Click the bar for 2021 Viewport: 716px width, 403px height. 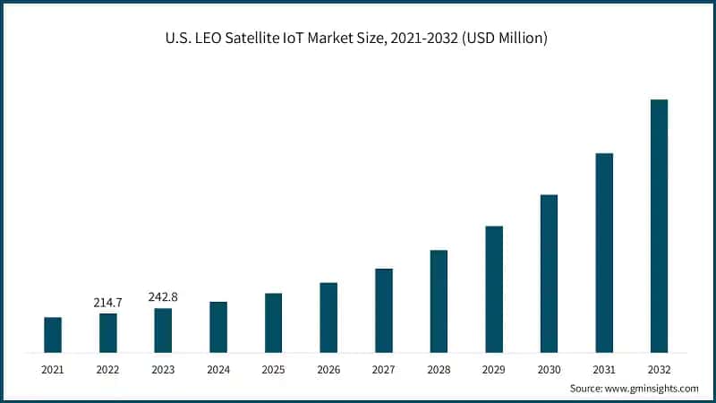click(53, 334)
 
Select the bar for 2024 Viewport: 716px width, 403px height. click(218, 326)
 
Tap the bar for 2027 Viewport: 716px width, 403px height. click(384, 310)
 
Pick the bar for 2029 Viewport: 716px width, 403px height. click(494, 288)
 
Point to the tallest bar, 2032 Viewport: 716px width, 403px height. click(659, 225)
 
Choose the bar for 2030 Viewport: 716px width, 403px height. click(549, 273)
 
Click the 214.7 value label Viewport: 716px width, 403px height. click(107, 303)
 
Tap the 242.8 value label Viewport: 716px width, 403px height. click(163, 296)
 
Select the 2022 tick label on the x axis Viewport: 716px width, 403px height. click(107, 368)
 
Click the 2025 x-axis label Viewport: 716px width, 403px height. click(273, 368)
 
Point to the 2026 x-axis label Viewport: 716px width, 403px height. click(328, 368)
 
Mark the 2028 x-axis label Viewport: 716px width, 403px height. click(439, 368)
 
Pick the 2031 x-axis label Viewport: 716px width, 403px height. click(604, 368)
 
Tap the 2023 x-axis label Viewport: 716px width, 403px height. click(163, 368)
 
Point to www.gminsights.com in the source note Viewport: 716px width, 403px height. click(652, 389)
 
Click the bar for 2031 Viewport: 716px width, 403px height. click(604, 252)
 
